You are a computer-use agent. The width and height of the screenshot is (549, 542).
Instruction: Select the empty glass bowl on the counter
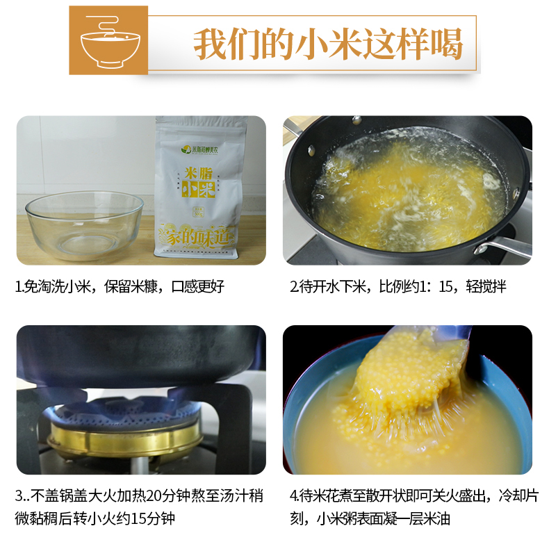pos(84,225)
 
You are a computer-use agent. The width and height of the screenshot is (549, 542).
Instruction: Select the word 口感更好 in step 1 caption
pos(198,287)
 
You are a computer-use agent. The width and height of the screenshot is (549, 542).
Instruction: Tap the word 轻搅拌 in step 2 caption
pos(486,287)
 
